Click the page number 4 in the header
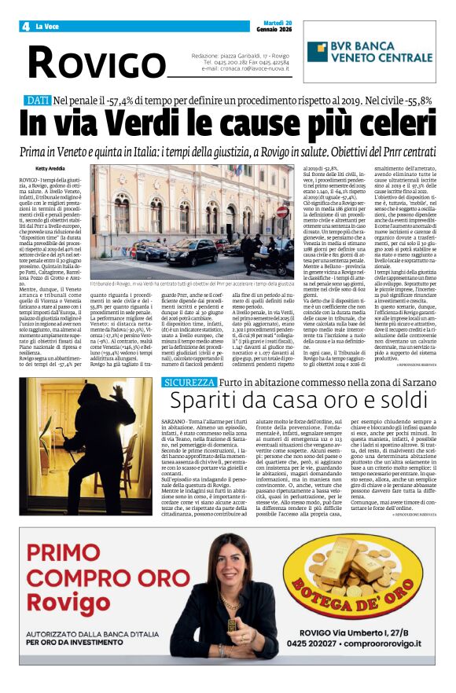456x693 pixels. (26, 26)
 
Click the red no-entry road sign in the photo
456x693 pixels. (281, 211)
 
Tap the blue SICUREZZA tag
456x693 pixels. (187, 382)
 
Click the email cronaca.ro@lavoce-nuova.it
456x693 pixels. (254, 68)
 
